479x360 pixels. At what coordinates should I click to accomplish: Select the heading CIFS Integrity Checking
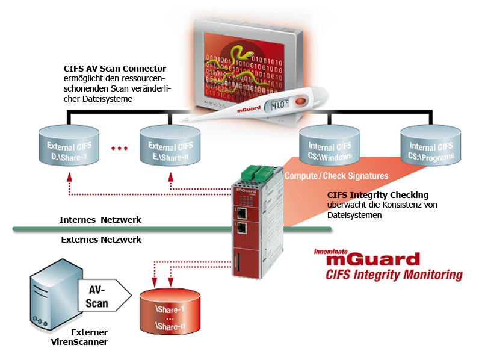[378, 194]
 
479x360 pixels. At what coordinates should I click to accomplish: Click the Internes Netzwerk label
[100, 220]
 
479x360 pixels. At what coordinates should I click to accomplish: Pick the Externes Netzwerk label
[101, 240]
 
